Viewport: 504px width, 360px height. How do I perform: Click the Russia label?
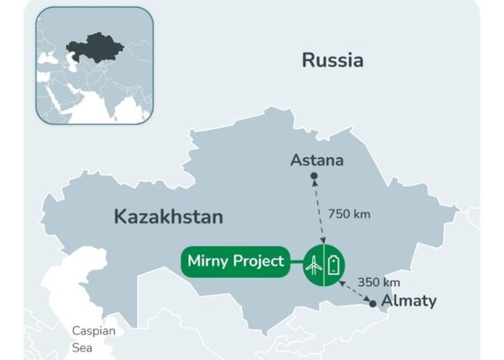click(332, 60)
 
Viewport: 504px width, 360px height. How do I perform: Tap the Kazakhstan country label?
click(168, 217)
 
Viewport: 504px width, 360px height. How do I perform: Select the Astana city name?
click(317, 161)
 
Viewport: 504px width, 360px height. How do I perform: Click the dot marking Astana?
click(314, 176)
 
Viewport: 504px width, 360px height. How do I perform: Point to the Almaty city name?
click(409, 300)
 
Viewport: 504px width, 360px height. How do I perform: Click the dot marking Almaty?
click(374, 304)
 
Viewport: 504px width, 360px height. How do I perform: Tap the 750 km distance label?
click(349, 214)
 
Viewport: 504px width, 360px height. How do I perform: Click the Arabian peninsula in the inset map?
click(60, 101)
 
